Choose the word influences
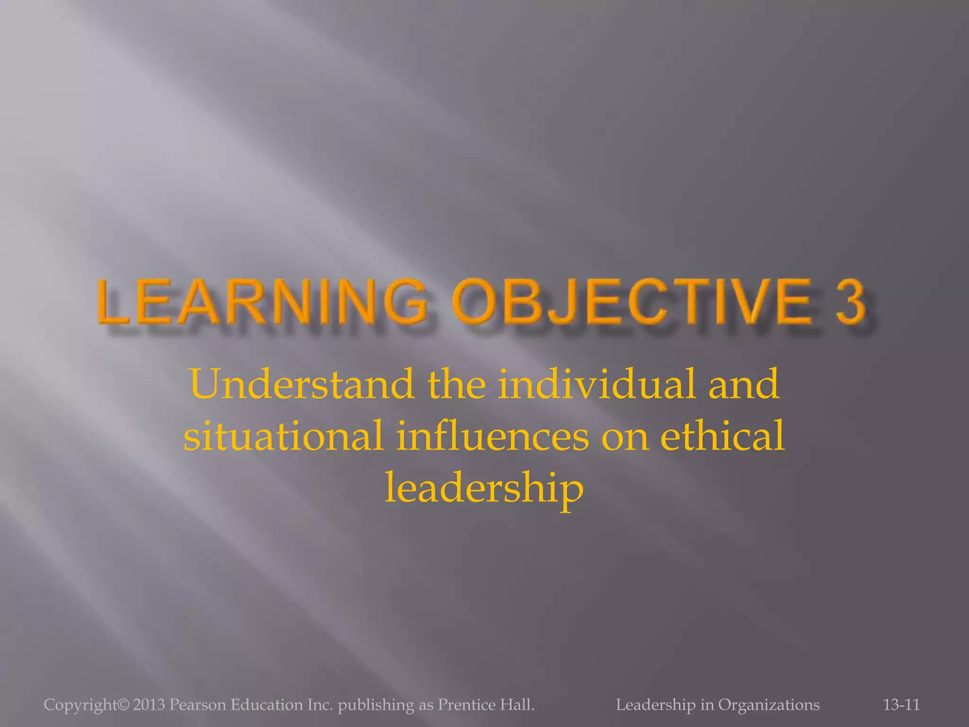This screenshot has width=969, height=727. click(x=493, y=436)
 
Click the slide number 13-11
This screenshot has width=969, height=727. click(x=901, y=705)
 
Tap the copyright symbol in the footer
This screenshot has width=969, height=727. click(x=123, y=705)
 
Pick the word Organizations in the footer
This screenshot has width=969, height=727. click(x=769, y=705)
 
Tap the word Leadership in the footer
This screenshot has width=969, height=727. click(x=656, y=705)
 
